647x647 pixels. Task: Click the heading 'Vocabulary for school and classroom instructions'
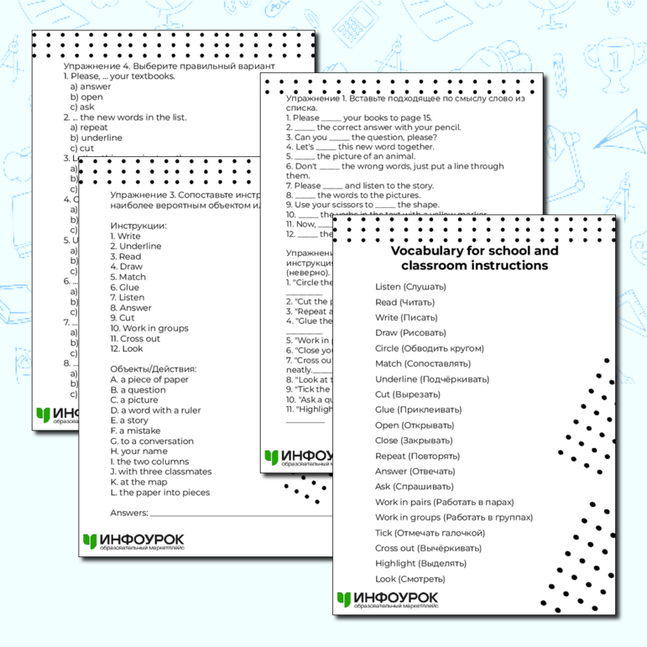click(x=474, y=258)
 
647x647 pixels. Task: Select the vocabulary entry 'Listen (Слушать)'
click(x=410, y=287)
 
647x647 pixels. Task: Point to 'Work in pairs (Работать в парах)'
click(x=443, y=502)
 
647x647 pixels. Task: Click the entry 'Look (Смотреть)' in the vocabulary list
click(x=410, y=579)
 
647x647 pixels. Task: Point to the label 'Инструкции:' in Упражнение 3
click(x=138, y=226)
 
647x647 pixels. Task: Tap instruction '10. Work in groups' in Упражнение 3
click(x=149, y=328)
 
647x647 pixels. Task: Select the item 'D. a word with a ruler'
click(x=155, y=410)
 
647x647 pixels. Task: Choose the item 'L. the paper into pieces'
click(x=159, y=493)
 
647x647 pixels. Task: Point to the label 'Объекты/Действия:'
click(x=153, y=368)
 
